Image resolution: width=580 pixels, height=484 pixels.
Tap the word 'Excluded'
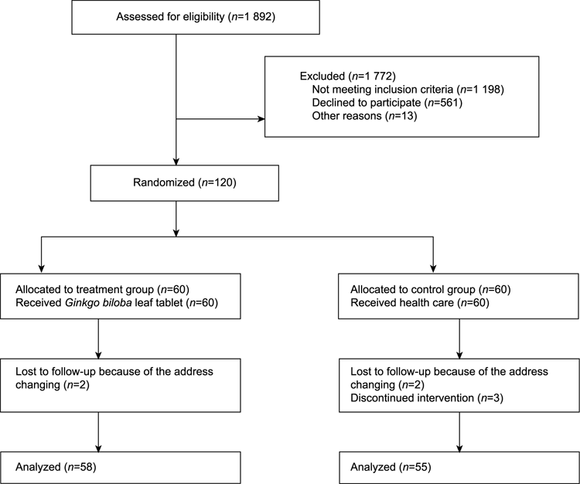coord(322,77)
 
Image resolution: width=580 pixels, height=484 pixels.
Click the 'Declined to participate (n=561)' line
coord(387,103)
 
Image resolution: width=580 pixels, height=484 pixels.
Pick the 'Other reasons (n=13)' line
coord(365,116)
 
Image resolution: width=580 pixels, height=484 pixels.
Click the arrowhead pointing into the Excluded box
coord(261,119)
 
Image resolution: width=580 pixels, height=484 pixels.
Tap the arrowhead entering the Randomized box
coord(176,162)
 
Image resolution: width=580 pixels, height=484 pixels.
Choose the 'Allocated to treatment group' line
coord(102,289)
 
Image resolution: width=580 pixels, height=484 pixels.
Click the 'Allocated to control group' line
coord(431,289)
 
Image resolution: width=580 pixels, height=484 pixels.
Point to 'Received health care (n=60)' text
coord(420,303)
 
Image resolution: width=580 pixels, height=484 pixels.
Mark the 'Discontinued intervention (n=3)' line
coord(427,398)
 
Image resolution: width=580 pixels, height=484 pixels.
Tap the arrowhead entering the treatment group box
coord(42,270)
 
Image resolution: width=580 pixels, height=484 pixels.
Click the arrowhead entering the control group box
coord(433,270)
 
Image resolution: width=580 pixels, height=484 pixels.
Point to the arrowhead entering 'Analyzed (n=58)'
coord(98,448)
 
